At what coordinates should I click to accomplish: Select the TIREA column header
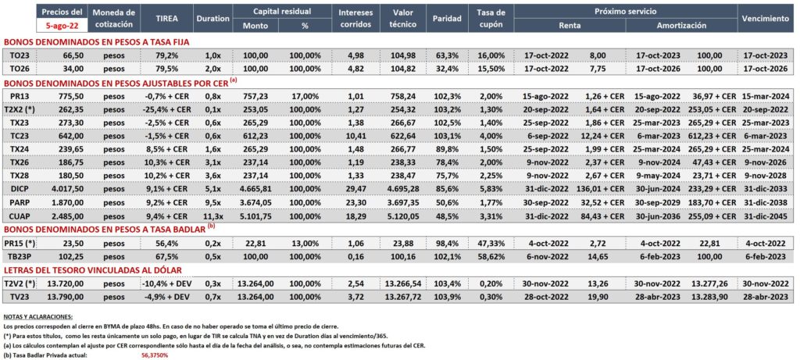(x=166, y=18)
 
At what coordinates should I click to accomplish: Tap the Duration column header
(x=212, y=18)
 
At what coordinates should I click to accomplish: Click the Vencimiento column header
(x=766, y=18)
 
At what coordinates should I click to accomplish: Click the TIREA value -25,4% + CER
(x=166, y=109)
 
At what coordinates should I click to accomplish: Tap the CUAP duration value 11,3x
(x=212, y=216)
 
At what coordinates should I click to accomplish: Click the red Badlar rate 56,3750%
(x=155, y=355)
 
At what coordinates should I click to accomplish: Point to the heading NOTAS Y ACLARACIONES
(x=37, y=317)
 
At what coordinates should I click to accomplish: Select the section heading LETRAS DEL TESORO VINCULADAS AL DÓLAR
(x=93, y=269)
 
